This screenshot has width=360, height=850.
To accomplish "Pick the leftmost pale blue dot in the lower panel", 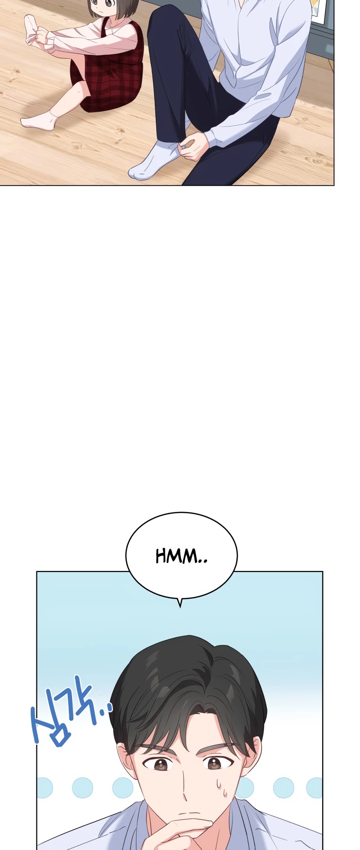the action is pyautogui.click(x=45, y=787).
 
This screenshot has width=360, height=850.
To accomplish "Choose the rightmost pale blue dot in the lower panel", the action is pyautogui.click(x=315, y=788).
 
